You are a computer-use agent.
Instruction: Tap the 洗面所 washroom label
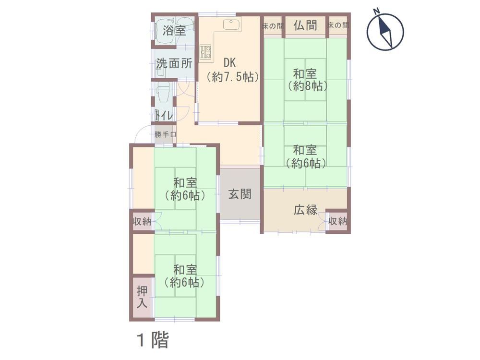[174, 63]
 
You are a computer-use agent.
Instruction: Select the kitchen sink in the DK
[232, 24]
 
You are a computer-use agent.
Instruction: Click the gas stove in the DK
[205, 51]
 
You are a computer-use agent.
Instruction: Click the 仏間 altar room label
[305, 25]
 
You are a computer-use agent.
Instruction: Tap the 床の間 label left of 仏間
[273, 26]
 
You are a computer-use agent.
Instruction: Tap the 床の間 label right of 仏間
[337, 25]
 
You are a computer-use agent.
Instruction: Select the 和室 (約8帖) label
[307, 80]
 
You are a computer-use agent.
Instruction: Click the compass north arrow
[385, 31]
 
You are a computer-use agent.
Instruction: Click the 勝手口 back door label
[165, 134]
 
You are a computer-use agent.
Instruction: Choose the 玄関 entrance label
[240, 194]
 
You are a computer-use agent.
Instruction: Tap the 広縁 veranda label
[305, 210]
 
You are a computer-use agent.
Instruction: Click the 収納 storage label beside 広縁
[337, 221]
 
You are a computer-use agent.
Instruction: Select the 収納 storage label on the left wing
[142, 221]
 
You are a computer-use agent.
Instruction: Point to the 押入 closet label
[142, 297]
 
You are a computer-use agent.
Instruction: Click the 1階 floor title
[153, 340]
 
